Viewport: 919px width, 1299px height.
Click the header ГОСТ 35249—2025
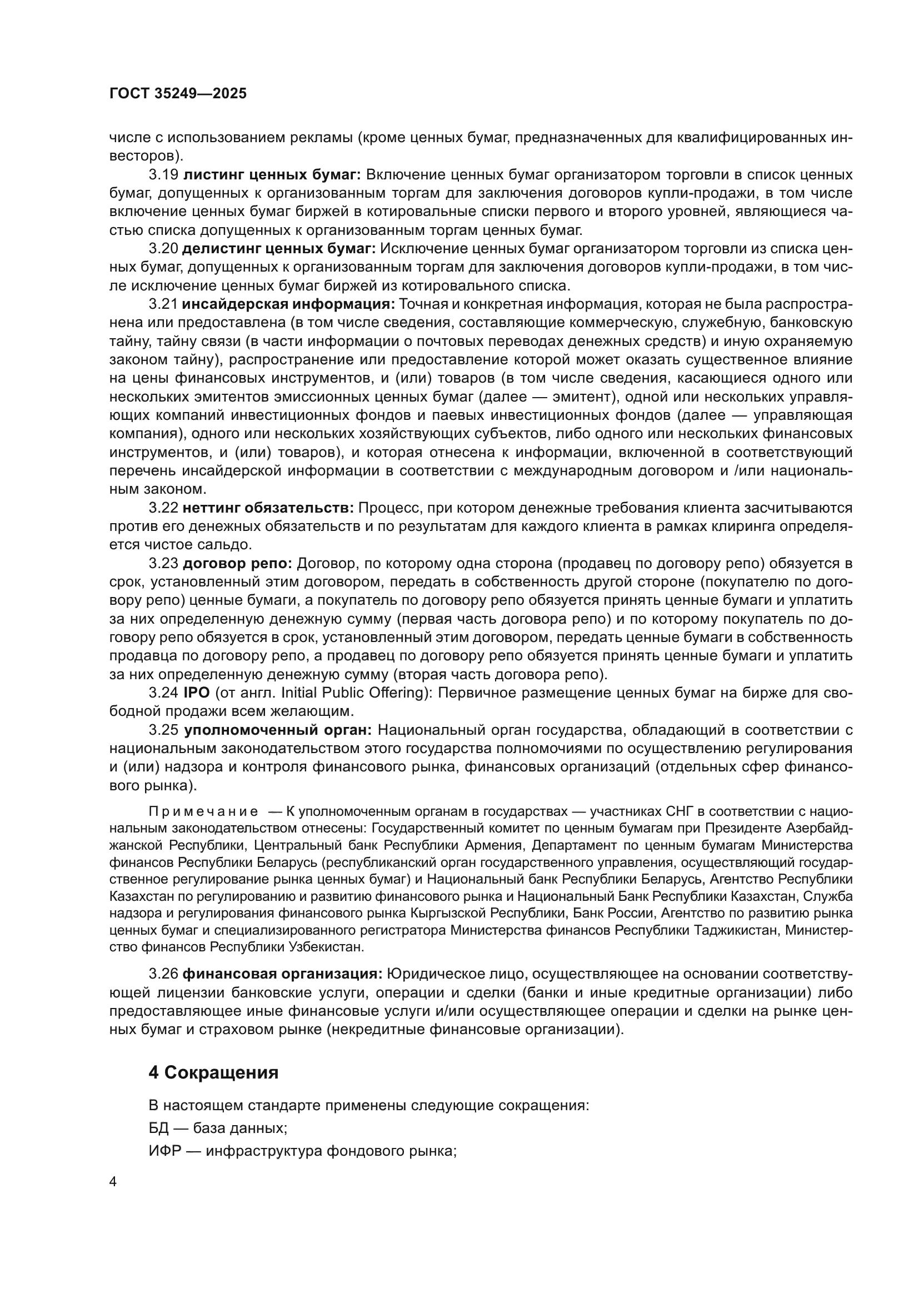pyautogui.click(x=178, y=94)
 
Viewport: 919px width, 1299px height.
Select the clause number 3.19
pyautogui.click(x=163, y=175)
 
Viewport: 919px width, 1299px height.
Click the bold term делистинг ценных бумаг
pyautogui.click(x=279, y=249)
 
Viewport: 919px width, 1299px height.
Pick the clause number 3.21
pyautogui.click(x=163, y=304)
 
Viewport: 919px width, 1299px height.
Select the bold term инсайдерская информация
pyautogui.click(x=288, y=304)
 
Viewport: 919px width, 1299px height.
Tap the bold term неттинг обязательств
pyautogui.click(x=268, y=509)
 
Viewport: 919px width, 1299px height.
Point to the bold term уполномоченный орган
pyautogui.click(x=278, y=730)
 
